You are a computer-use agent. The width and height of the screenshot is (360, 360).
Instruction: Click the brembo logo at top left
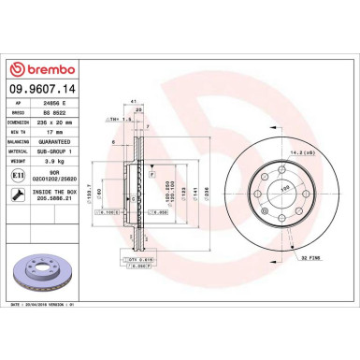(38, 68)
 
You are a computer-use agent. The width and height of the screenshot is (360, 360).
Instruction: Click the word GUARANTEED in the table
(74, 142)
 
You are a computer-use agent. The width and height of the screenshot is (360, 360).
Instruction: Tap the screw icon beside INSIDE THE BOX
(19, 194)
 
